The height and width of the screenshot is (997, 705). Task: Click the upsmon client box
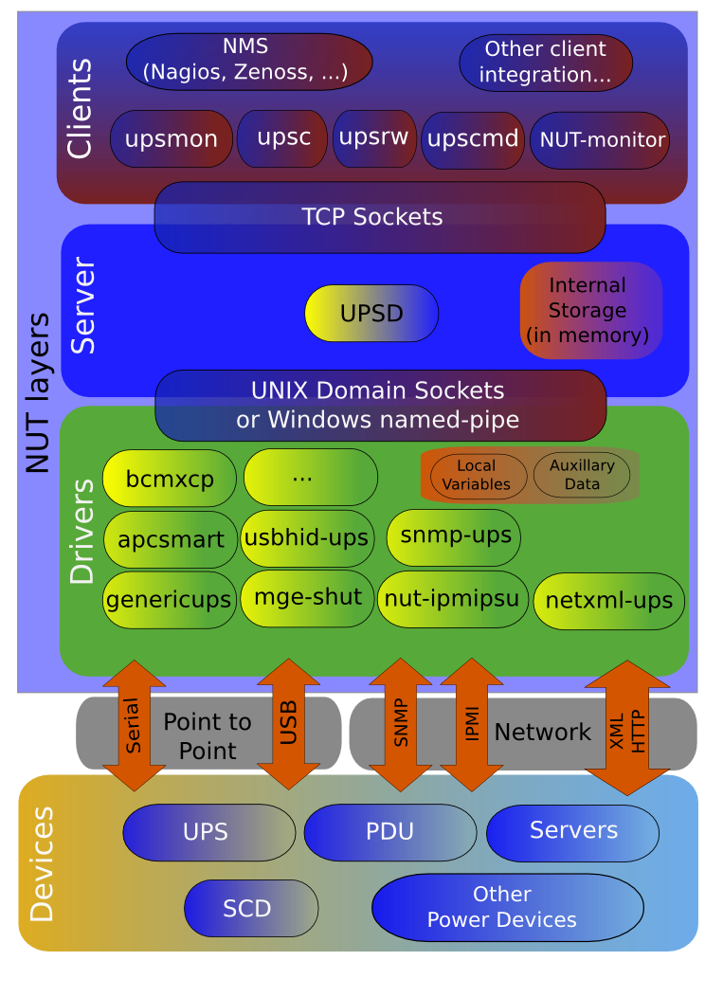[x=172, y=139]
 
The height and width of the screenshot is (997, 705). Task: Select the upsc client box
[x=283, y=138]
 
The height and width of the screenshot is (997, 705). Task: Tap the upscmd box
[x=473, y=140]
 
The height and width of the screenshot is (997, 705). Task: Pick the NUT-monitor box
[x=600, y=140]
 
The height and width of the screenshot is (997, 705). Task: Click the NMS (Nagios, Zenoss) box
[x=248, y=61]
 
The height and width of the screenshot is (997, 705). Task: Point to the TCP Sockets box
[x=379, y=217]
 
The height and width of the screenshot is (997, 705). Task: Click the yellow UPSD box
[x=371, y=313]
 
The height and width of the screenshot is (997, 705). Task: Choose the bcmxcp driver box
[x=170, y=479]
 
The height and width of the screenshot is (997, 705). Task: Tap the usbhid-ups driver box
[x=306, y=538]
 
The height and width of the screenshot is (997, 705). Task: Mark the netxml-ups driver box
[x=608, y=600]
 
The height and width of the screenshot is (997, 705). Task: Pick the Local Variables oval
[x=479, y=476]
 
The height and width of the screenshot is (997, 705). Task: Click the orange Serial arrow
[x=134, y=725]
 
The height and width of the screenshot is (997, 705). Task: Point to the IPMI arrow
[x=471, y=725]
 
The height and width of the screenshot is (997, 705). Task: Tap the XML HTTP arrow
[x=627, y=727]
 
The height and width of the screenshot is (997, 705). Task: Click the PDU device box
[x=389, y=832]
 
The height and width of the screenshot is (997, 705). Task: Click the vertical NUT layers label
[x=38, y=393]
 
